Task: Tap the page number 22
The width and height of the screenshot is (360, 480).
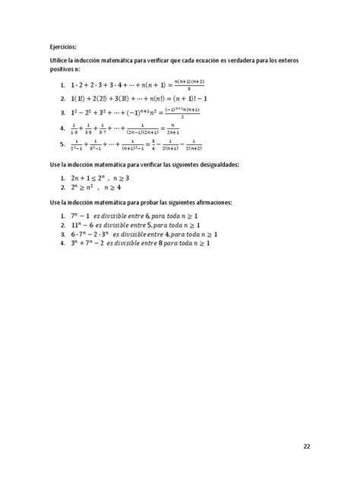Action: coord(306,446)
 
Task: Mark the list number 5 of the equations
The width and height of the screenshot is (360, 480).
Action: coord(61,144)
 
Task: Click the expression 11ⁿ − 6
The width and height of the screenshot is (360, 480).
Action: coord(82,226)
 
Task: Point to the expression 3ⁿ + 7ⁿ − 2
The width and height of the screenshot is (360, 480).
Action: coord(87,245)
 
